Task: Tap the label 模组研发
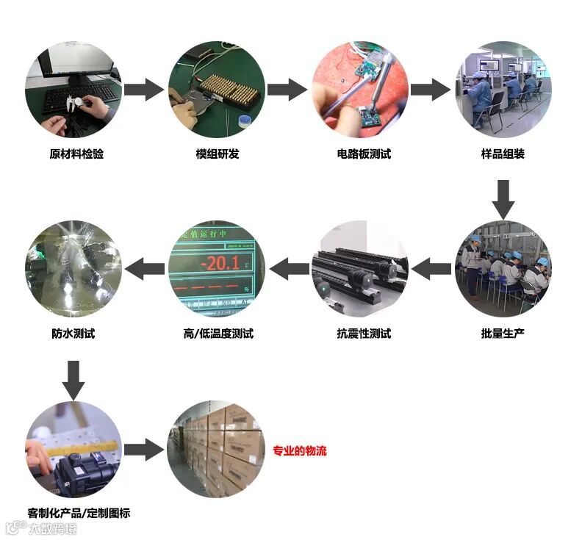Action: pyautogui.click(x=217, y=154)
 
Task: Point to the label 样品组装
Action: pyautogui.click(x=503, y=154)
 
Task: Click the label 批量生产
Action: pyautogui.click(x=503, y=334)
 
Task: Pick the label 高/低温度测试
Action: pyautogui.click(x=218, y=334)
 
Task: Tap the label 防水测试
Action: pyautogui.click(x=73, y=334)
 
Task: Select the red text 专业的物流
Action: pyautogui.click(x=300, y=451)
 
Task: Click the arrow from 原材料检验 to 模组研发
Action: pyautogui.click(x=144, y=90)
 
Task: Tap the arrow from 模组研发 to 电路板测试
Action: pyautogui.click(x=287, y=90)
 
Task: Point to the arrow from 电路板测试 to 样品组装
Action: pyautogui.click(x=431, y=90)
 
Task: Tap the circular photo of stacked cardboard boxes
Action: pyautogui.click(x=217, y=448)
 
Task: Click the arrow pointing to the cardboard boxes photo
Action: pyautogui.click(x=144, y=450)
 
